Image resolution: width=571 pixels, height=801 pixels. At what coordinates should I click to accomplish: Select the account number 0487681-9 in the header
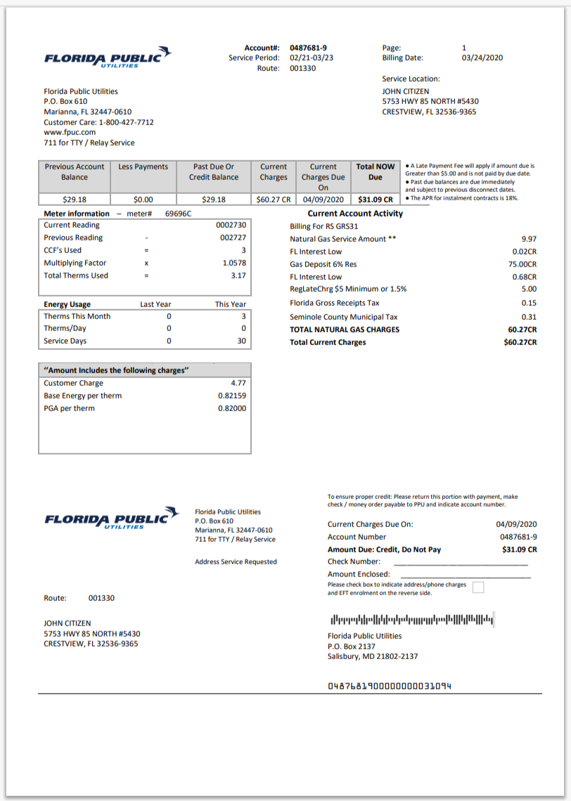click(308, 48)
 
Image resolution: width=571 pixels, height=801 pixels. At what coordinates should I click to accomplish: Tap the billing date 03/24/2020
click(482, 58)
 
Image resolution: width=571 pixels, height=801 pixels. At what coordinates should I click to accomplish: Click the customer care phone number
click(126, 122)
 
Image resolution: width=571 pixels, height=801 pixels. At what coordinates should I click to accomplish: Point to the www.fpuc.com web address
click(70, 132)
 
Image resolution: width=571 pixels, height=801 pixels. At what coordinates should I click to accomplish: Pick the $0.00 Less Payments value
click(143, 200)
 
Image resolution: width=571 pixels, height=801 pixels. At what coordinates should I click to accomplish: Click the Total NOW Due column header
click(375, 172)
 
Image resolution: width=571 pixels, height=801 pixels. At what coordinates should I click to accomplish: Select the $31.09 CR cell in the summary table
click(375, 200)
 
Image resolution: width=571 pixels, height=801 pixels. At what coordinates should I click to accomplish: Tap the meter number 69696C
click(179, 214)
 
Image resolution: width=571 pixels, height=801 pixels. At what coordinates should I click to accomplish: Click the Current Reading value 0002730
click(231, 226)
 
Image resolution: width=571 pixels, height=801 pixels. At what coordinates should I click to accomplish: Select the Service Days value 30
click(241, 341)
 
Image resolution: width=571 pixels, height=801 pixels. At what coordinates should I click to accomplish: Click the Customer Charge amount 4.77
click(238, 384)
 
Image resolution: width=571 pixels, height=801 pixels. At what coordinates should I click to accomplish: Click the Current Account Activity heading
click(355, 214)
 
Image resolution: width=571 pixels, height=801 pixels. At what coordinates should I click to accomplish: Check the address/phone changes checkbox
click(478, 588)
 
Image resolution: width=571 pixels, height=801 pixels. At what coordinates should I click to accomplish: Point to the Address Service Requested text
click(236, 562)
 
